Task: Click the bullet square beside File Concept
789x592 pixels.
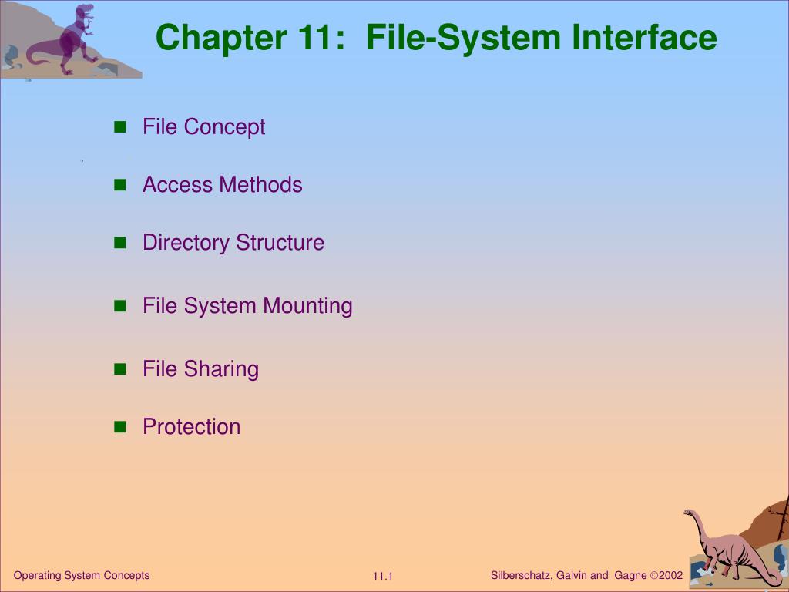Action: click(119, 127)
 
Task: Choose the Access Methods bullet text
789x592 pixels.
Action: click(222, 185)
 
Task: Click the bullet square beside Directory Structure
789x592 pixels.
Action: click(119, 243)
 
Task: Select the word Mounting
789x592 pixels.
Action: click(307, 306)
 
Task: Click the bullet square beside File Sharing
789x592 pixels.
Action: click(119, 369)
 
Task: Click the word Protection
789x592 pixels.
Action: click(191, 427)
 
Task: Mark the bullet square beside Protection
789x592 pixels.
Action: click(119, 427)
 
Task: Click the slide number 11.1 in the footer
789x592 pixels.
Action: click(383, 577)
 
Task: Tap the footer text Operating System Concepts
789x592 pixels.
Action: click(82, 575)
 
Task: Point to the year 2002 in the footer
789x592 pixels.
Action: click(670, 575)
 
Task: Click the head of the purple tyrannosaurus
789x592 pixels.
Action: click(86, 11)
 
